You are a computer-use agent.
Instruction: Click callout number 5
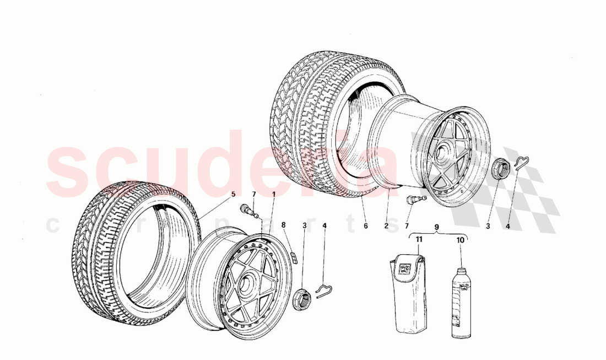tap(232, 194)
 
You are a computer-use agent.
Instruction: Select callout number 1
tap(274, 194)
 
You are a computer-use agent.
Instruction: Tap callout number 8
tap(284, 225)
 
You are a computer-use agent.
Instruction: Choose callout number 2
tap(386, 225)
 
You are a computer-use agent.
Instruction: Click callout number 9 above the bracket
tap(436, 226)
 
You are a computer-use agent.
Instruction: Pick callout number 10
tap(461, 240)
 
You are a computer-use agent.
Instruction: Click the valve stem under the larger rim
tap(414, 200)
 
